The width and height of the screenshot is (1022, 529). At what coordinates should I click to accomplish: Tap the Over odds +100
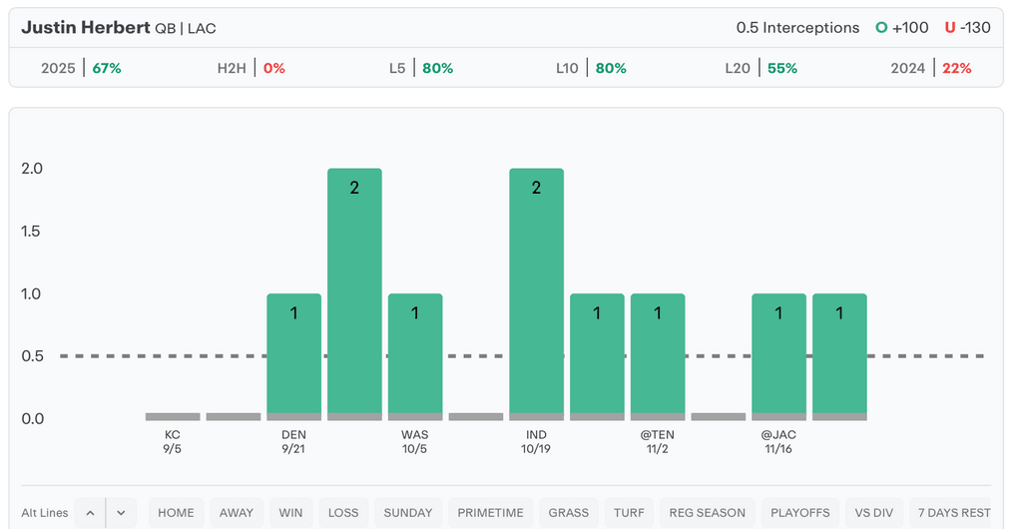click(x=901, y=27)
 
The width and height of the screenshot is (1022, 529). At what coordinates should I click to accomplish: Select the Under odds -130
click(x=967, y=27)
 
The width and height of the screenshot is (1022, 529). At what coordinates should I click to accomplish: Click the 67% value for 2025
click(x=107, y=68)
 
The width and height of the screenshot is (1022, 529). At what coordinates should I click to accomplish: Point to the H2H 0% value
click(x=274, y=68)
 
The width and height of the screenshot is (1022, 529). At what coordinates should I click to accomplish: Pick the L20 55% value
click(x=782, y=68)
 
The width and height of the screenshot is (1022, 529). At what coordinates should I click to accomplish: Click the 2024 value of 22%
click(x=956, y=68)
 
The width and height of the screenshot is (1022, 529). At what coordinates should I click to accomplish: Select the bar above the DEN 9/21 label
click(x=293, y=355)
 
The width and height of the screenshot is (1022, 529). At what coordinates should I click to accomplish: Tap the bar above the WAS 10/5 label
click(x=415, y=355)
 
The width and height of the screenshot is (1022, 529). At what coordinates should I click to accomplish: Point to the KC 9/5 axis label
click(x=173, y=441)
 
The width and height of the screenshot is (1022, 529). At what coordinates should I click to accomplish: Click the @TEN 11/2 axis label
click(x=658, y=441)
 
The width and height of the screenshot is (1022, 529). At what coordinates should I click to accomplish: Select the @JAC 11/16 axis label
click(x=778, y=441)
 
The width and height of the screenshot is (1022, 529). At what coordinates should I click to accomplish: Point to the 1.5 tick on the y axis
click(x=32, y=231)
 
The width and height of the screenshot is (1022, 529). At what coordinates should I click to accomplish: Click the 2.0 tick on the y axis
click(x=32, y=169)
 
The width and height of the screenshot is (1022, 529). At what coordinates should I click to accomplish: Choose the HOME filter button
click(x=176, y=512)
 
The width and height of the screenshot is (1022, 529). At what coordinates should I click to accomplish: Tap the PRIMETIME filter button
click(x=490, y=512)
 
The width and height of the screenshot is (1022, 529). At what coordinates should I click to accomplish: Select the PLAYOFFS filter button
click(x=799, y=512)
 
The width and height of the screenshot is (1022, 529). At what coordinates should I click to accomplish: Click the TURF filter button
click(x=629, y=512)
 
